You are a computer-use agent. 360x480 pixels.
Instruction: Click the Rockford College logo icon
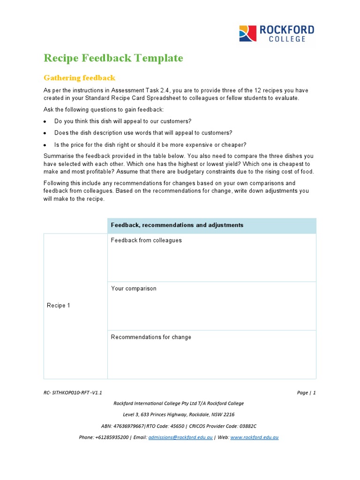pos(247,34)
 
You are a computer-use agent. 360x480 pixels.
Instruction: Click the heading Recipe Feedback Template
pos(113,58)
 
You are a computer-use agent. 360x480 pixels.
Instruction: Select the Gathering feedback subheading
pos(79,78)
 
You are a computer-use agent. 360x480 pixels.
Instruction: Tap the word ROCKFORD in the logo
pos(287,30)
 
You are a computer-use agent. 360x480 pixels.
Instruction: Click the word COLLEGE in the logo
pos(287,39)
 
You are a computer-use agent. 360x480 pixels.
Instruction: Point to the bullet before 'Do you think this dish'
pos(45,121)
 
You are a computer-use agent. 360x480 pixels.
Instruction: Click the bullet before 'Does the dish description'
pos(45,133)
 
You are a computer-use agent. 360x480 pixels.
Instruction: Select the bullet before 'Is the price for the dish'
pos(45,145)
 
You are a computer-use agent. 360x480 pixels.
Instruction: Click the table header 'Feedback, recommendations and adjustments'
pos(177,225)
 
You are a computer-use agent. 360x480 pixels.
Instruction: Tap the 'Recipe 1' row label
pos(59,306)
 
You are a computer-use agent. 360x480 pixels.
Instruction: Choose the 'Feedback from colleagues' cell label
pos(146,240)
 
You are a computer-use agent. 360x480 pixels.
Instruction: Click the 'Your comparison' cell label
pos(134,289)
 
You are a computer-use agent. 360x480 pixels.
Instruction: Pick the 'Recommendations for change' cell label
pos(151,337)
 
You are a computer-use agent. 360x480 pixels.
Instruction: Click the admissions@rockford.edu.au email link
pos(180,437)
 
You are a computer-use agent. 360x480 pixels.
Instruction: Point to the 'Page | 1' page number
pos(306,393)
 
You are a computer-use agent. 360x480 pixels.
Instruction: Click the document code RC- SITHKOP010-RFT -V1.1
pos(73,393)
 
